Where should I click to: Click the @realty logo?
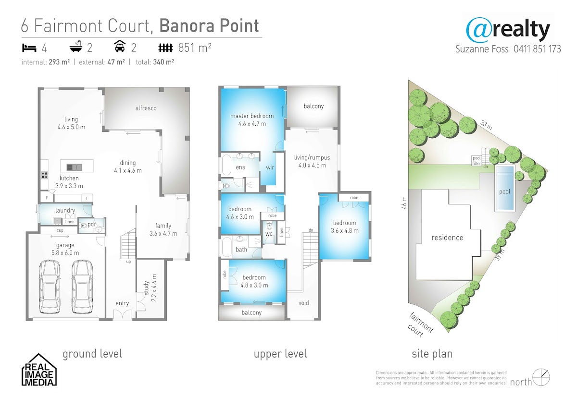[508, 30]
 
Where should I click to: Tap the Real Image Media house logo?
[39, 370]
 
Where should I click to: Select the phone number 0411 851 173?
[538, 49]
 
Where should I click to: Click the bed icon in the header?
[29, 48]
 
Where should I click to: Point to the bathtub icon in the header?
[76, 46]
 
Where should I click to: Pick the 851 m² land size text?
[195, 48]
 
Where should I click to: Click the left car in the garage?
[50, 287]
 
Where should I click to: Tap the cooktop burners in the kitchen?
[44, 175]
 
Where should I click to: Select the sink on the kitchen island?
[75, 167]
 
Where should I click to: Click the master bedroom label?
[252, 116]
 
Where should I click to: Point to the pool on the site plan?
[505, 188]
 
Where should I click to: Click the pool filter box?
[477, 161]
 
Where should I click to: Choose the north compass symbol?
[541, 377]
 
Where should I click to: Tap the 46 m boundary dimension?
[404, 203]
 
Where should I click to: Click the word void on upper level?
[304, 303]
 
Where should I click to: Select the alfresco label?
[146, 108]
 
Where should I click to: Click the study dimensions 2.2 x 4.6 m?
[154, 288]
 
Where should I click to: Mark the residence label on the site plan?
[447, 238]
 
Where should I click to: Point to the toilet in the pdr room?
[83, 226]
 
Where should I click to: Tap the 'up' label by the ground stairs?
[128, 262]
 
